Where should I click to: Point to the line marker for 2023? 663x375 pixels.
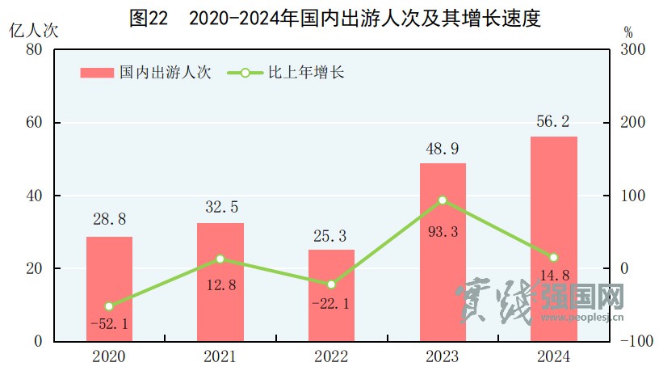pos(443,200)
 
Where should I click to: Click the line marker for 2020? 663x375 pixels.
pos(109,306)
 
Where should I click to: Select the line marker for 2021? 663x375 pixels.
pos(220,259)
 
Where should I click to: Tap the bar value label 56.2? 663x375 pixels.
pos(553,121)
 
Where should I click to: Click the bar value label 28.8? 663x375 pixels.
pos(109,219)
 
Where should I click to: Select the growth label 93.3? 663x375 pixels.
pos(443,233)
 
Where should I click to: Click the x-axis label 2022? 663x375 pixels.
pos(331,357)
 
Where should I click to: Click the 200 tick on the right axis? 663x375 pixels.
pos(632,123)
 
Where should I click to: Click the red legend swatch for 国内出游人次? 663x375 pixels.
pos(97,73)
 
